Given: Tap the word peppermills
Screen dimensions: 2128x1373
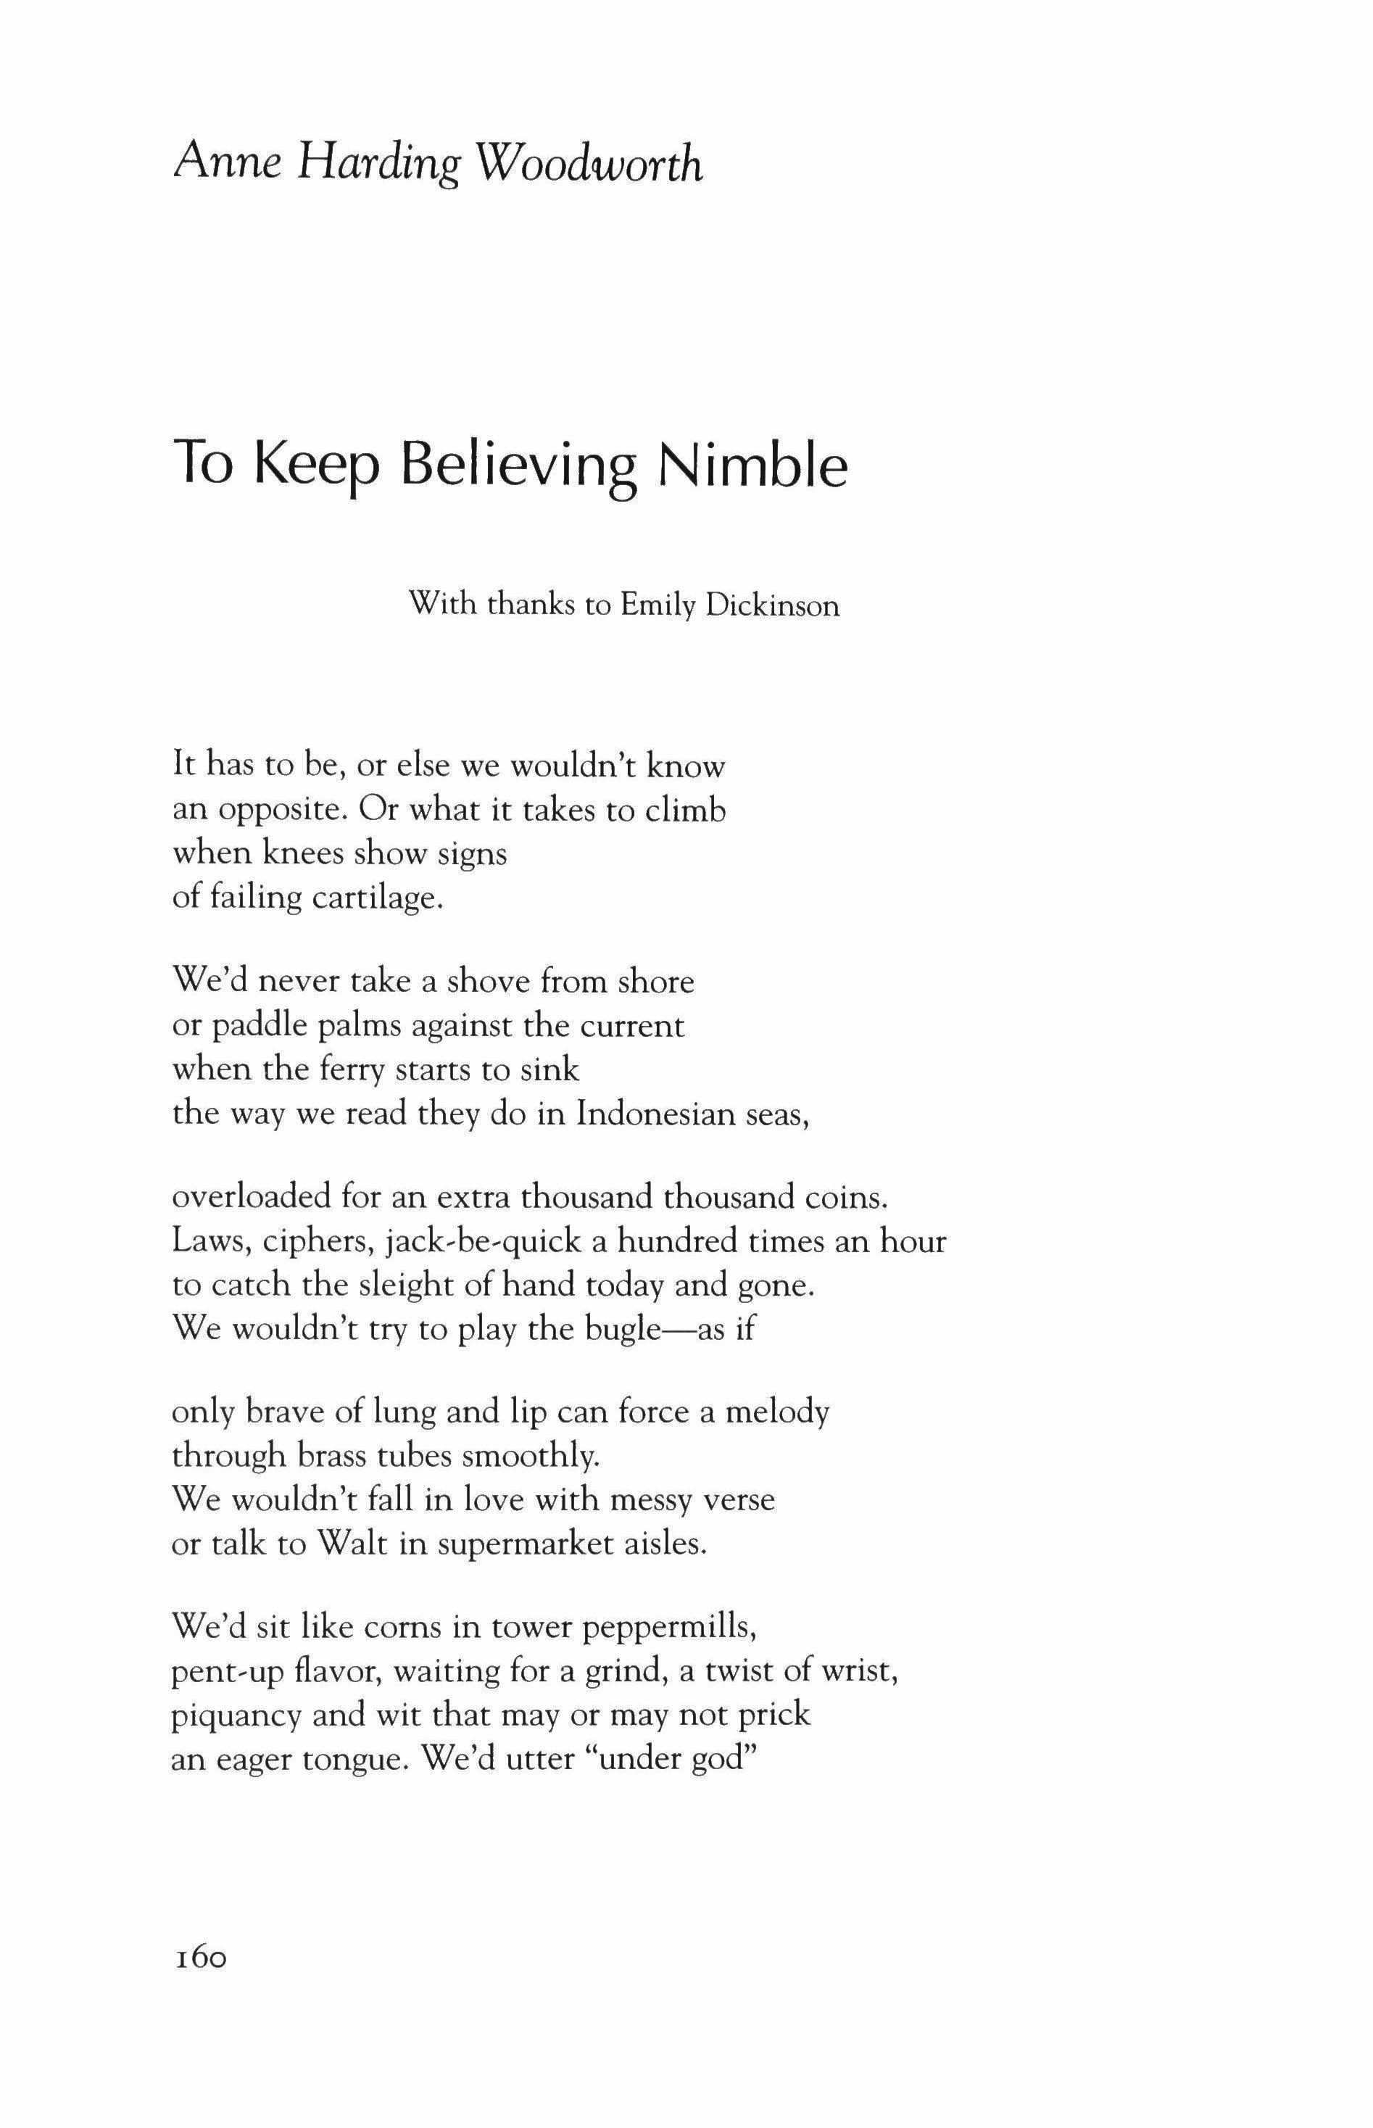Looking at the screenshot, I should (670, 1628).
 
